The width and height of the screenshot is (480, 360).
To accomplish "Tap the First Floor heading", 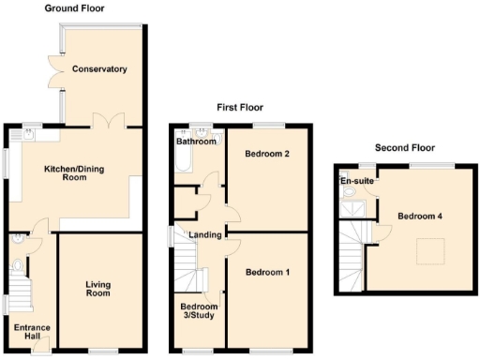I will click(241, 108).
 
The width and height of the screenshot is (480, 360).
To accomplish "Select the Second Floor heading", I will click(405, 147).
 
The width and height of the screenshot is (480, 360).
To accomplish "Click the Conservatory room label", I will click(100, 69).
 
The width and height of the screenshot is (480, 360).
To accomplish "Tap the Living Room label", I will click(98, 289).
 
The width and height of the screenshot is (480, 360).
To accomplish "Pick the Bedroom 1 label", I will click(267, 273).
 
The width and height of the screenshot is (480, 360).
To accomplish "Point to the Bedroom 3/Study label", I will click(200, 312).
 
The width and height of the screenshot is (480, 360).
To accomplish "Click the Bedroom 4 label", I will click(419, 217).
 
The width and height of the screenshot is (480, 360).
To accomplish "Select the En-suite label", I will click(354, 181).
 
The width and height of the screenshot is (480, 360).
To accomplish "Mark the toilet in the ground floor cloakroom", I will click(16, 265).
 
